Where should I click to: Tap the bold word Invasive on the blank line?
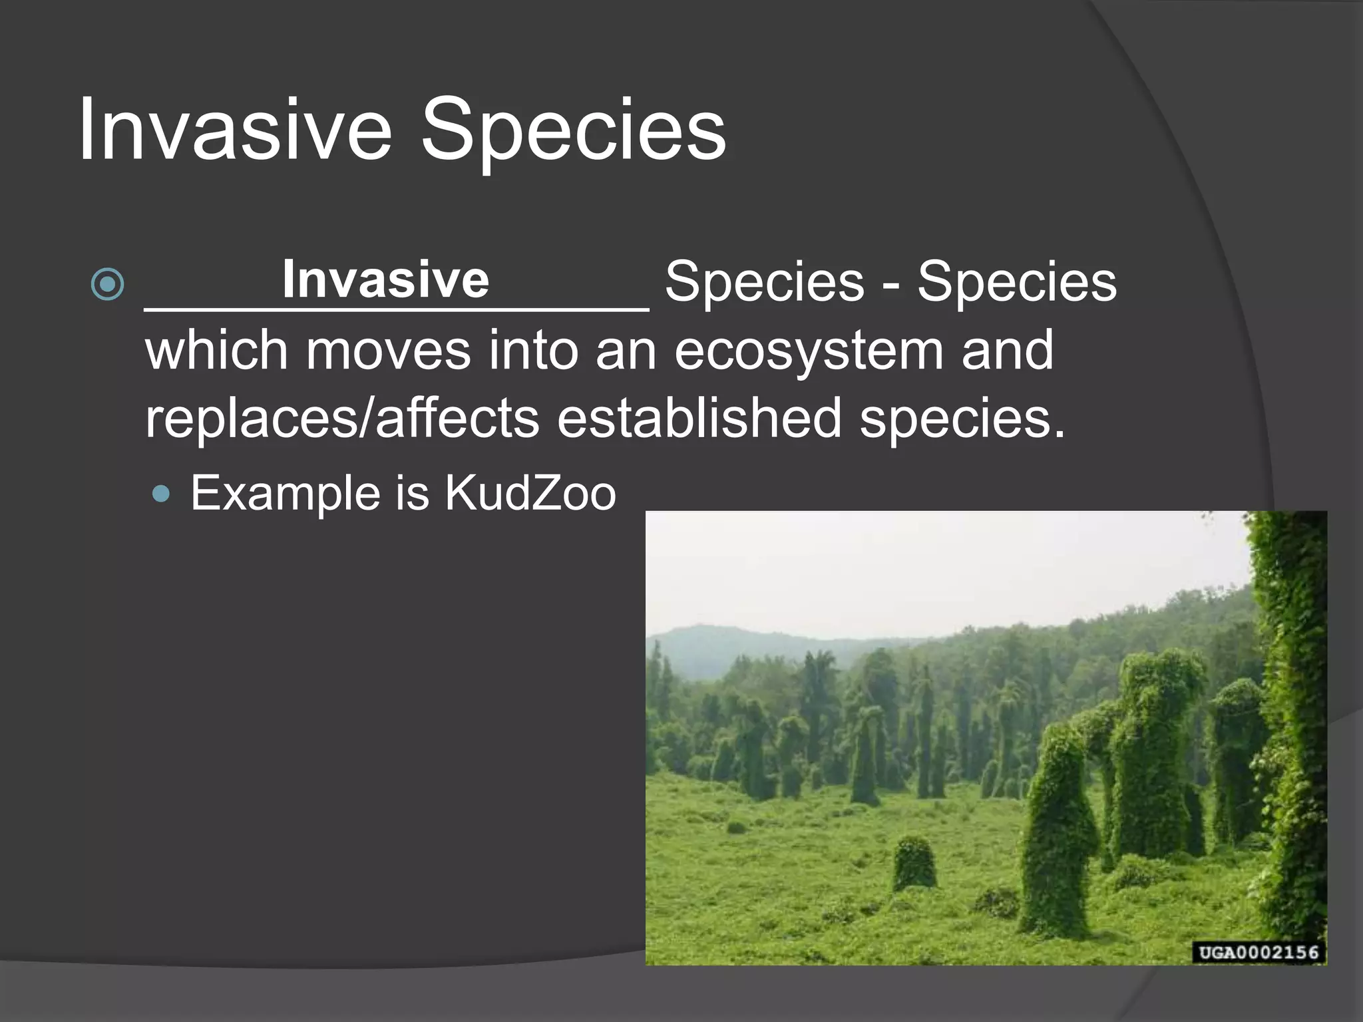coord(385,279)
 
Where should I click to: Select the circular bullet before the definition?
coord(107,284)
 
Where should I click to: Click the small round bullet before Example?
coord(161,494)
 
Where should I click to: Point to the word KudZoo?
coord(530,494)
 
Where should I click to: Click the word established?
coord(699,419)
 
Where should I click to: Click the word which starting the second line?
coord(216,351)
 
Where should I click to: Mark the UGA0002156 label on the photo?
coord(1258,952)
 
